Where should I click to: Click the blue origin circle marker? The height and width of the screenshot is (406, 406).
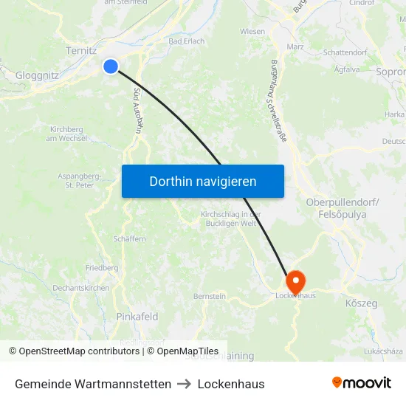(111, 66)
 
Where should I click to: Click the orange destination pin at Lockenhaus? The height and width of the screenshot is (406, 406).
(295, 281)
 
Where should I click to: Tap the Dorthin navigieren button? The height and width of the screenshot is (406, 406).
(203, 181)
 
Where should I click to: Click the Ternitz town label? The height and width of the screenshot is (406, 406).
(82, 51)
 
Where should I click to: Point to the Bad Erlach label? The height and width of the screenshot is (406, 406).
(186, 41)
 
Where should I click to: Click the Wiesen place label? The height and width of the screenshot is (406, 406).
(252, 32)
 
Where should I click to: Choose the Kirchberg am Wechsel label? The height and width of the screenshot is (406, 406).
(66, 134)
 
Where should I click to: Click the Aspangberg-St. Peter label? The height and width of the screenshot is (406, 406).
(80, 181)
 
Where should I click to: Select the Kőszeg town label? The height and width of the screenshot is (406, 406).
(361, 303)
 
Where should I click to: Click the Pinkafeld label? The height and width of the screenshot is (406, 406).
(137, 317)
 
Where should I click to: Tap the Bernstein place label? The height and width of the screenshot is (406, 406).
(210, 296)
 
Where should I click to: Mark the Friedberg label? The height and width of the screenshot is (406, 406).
(102, 268)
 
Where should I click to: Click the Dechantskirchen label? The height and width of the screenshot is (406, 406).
(81, 288)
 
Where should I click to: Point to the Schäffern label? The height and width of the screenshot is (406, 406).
(130, 239)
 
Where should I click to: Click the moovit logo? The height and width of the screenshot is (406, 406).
(362, 383)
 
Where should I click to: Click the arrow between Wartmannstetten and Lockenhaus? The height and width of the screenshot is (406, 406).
(185, 384)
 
